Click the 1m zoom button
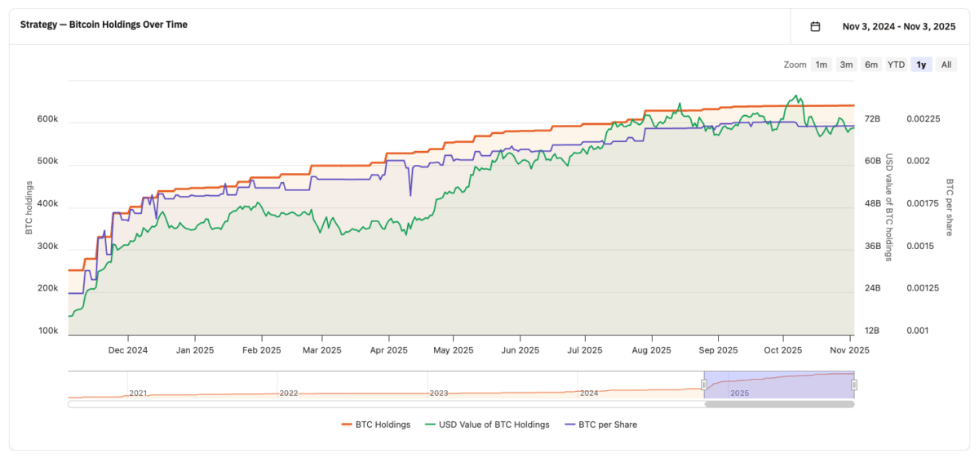coord(822,64)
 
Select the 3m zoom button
coord(847,64)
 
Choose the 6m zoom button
coord(871,64)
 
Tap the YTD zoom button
coord(896,64)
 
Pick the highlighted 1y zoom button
coord(921,64)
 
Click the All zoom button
coord(946,64)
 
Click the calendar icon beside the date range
coord(815,26)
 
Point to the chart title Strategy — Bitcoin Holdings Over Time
coord(104,24)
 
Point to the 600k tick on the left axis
coord(47,119)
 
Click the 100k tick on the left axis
coord(47,331)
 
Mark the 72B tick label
coord(872,119)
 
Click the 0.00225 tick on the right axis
coord(924,119)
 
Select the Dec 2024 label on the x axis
coord(127,350)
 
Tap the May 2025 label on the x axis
coord(453,350)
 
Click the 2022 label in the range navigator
coord(289,393)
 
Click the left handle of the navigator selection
coord(704,385)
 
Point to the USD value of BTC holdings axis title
coord(889,207)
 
